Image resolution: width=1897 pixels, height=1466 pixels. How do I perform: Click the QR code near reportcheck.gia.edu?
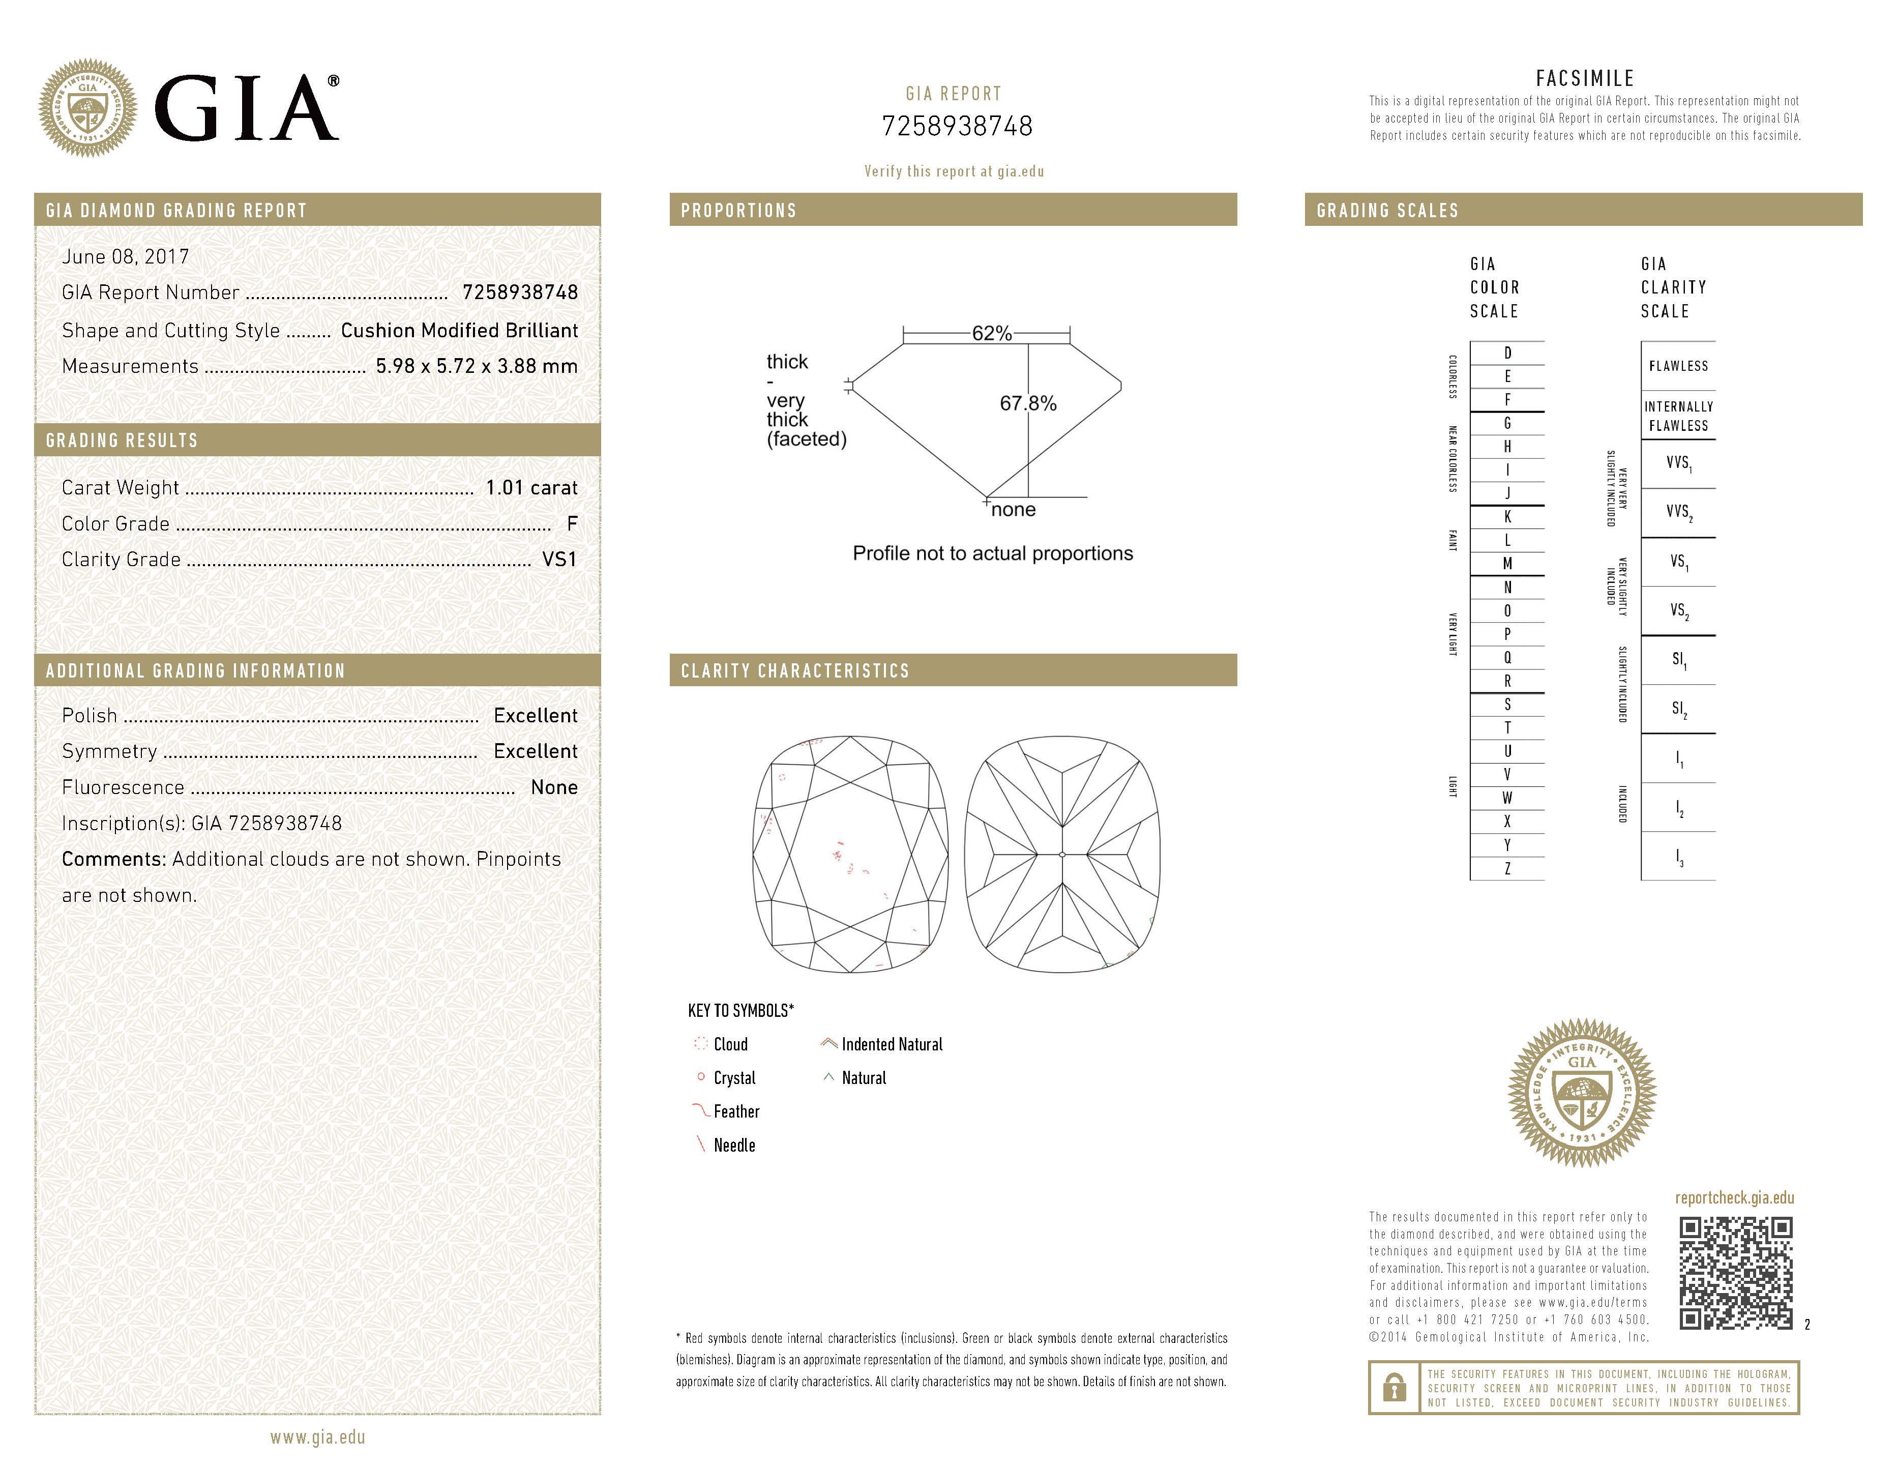pos(1735,1273)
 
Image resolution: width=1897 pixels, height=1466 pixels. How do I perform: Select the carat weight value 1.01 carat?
pos(531,487)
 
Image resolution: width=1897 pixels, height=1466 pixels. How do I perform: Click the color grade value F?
pos(572,523)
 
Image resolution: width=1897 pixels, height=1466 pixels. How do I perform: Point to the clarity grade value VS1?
pos(559,559)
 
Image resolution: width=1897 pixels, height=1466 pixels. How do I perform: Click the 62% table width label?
pos(991,333)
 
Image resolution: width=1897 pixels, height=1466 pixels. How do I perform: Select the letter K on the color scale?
pos(1507,517)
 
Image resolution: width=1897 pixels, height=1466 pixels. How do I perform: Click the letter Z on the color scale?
pos(1507,868)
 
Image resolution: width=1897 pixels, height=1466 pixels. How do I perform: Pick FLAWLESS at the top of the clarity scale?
pos(1678,366)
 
